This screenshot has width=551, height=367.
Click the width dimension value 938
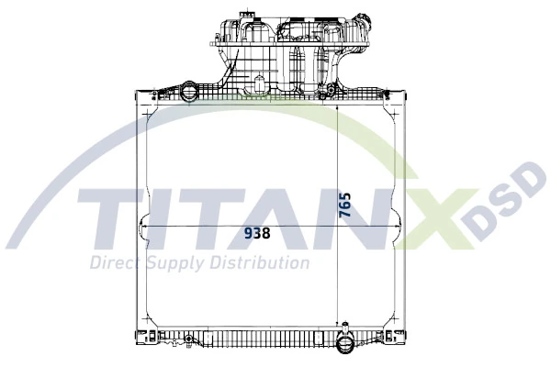(x=257, y=233)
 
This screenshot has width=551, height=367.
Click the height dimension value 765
(x=344, y=203)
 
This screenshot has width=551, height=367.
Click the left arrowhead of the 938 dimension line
(x=144, y=225)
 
